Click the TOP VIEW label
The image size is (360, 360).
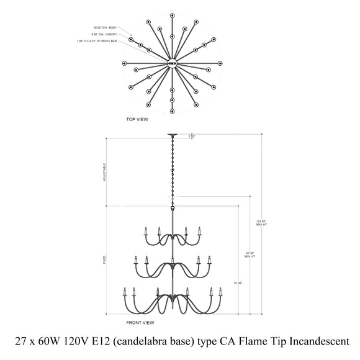(137, 119)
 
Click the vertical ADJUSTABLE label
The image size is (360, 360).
(105, 173)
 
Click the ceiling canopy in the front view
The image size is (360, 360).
(173, 135)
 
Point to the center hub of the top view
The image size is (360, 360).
(173, 61)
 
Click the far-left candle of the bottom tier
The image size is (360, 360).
(124, 291)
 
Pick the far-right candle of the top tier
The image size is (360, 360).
(199, 232)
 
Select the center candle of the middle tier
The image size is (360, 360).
(173, 258)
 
